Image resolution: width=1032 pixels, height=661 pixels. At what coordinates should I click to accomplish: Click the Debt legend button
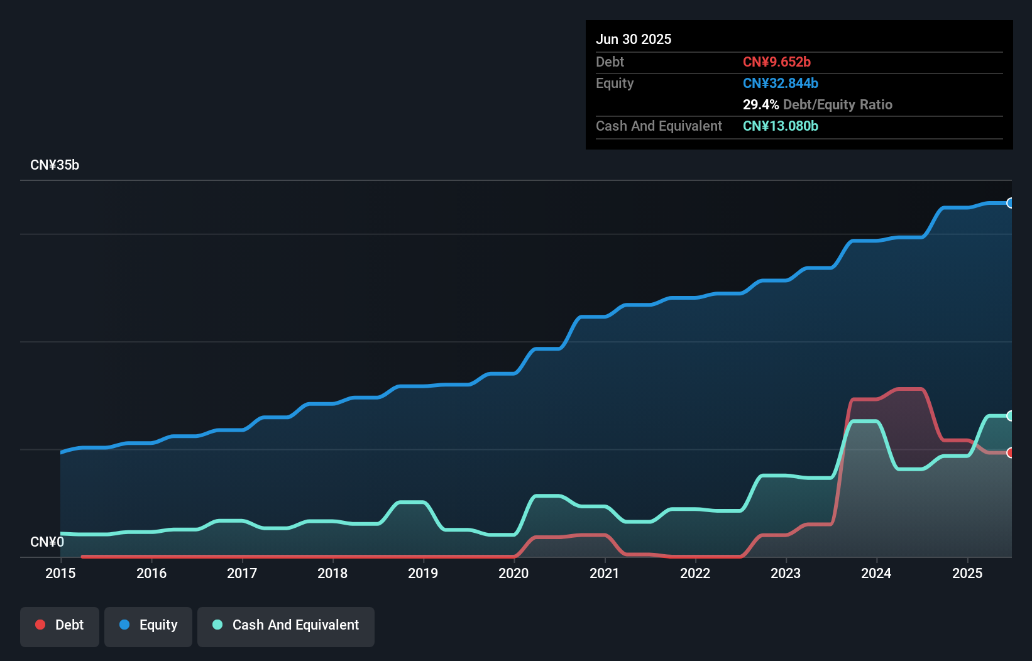point(60,625)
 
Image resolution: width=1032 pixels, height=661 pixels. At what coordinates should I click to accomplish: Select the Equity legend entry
point(148,625)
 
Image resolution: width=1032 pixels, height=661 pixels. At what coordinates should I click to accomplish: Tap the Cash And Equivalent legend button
point(286,625)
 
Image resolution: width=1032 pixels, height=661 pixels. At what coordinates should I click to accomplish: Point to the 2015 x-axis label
point(60,573)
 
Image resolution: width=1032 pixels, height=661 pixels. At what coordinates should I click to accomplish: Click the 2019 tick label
point(423,573)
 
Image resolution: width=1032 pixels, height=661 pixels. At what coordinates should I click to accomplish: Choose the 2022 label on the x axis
point(695,573)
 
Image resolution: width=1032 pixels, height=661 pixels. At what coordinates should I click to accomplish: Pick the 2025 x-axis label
point(967,573)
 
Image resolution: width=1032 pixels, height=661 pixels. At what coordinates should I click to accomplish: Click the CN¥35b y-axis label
point(55,165)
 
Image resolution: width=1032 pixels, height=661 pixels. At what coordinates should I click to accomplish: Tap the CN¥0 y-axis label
point(47,542)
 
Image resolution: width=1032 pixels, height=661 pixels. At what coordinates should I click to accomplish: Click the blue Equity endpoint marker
point(1011,203)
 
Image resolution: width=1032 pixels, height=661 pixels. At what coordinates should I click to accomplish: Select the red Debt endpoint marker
point(1011,452)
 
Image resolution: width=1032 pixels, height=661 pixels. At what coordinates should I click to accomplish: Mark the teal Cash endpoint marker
point(1011,415)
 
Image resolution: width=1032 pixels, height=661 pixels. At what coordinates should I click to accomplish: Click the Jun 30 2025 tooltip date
point(634,39)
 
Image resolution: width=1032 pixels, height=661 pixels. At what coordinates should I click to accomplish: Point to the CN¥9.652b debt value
point(776,62)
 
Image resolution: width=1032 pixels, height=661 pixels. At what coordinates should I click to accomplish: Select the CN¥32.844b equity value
point(780,83)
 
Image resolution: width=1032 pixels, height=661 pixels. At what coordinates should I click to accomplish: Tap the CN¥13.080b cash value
point(780,126)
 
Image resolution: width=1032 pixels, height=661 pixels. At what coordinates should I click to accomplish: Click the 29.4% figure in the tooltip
point(760,104)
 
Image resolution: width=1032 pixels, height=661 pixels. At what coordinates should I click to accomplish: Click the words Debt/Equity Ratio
point(837,104)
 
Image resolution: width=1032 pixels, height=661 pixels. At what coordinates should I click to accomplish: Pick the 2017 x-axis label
point(242,573)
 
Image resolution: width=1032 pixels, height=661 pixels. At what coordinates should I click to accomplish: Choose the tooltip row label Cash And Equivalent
point(659,126)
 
